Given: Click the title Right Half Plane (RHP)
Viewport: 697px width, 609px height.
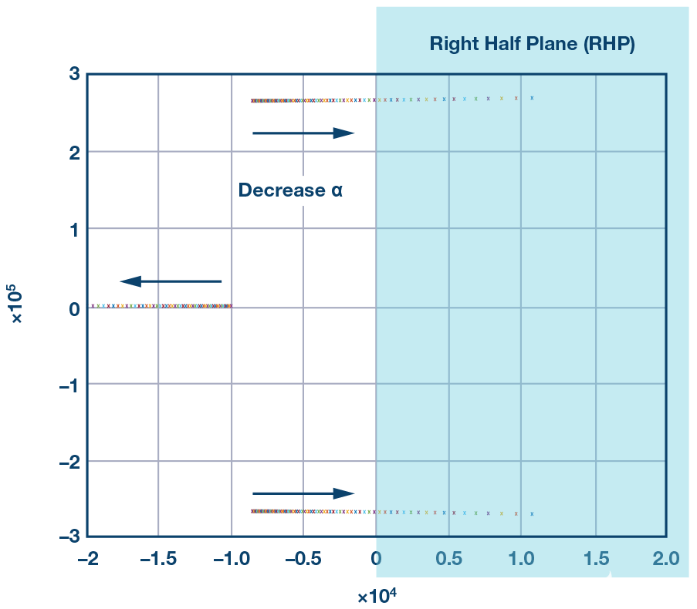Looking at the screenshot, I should click(x=532, y=44).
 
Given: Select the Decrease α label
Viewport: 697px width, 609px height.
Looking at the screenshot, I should click(x=290, y=190).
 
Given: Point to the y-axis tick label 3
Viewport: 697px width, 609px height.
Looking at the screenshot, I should click(x=74, y=75).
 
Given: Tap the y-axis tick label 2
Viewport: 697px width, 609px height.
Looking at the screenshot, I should click(x=74, y=152).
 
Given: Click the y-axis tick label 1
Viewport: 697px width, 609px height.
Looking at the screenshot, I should click(x=74, y=229).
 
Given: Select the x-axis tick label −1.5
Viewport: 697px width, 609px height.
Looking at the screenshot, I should click(x=157, y=558).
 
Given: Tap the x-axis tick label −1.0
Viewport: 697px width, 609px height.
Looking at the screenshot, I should click(x=229, y=558).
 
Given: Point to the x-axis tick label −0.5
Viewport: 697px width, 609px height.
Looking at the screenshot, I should click(x=302, y=558).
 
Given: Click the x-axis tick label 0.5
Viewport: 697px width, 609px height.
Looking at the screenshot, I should click(x=448, y=558).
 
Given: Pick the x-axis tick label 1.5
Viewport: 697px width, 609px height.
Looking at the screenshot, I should click(x=595, y=558).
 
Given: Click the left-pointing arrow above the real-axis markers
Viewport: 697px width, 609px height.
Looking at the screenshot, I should click(x=171, y=281).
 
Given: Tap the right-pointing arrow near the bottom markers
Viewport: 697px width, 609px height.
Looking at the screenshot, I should click(x=303, y=493).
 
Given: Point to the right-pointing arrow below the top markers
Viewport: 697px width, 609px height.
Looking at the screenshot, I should click(x=303, y=133).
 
